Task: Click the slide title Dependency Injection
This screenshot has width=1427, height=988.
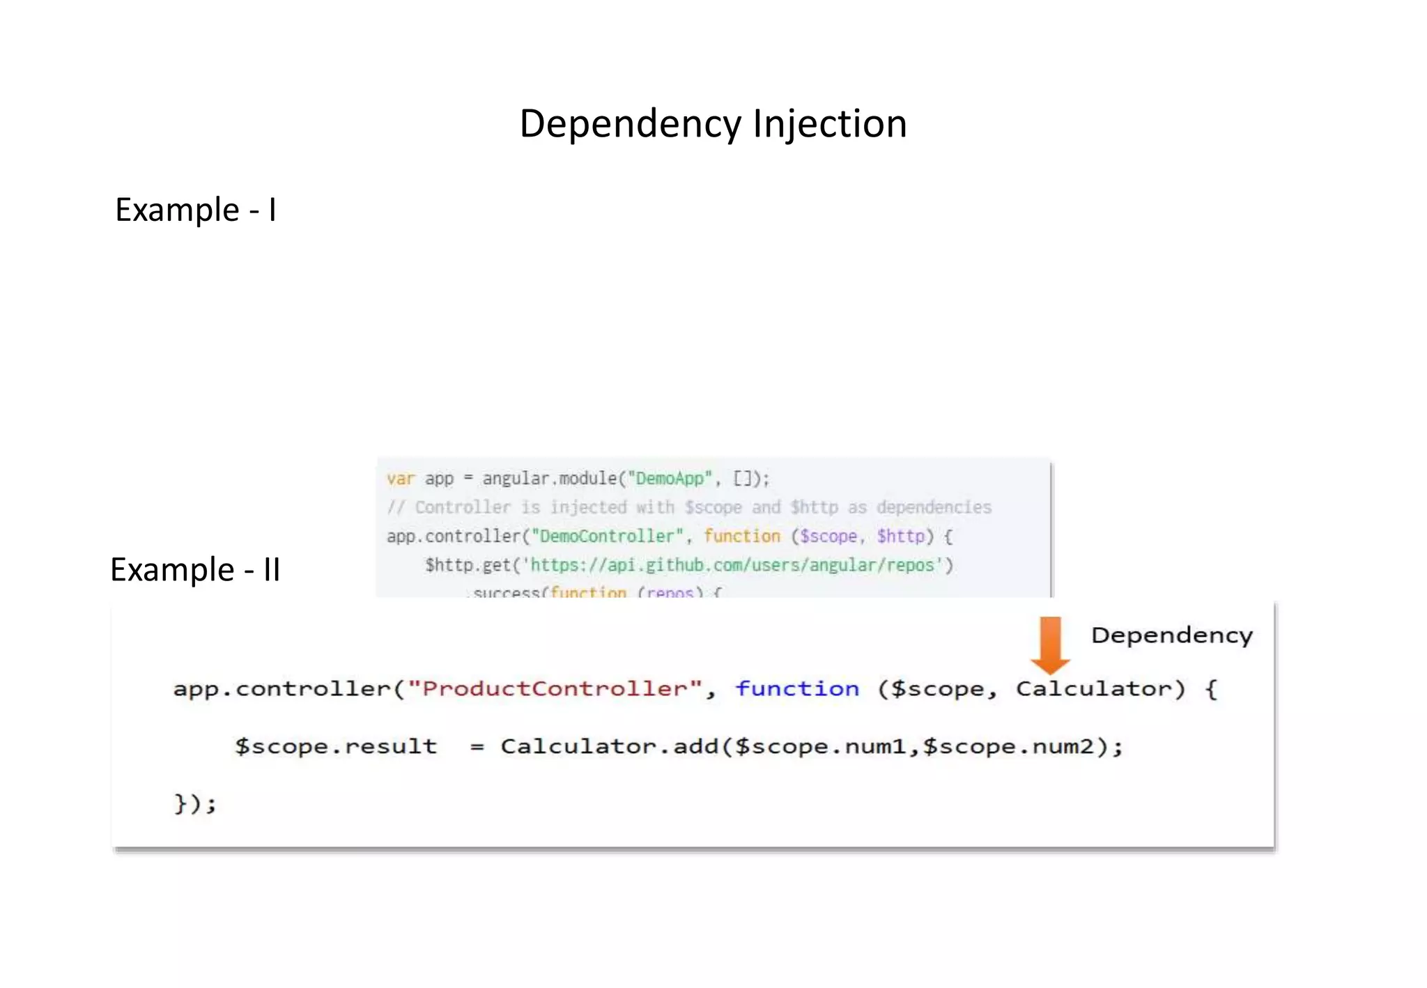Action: [x=713, y=124]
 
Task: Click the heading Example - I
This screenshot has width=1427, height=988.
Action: [x=196, y=210]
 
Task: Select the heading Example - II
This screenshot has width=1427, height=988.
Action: [x=195, y=570]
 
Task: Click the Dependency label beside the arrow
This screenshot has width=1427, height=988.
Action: [x=1171, y=635]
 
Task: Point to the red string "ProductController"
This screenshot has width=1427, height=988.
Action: [x=555, y=689]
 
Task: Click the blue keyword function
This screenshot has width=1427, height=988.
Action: [x=797, y=689]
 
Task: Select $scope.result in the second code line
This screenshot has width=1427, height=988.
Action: [x=336, y=747]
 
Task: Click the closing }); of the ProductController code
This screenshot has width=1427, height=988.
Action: [x=195, y=803]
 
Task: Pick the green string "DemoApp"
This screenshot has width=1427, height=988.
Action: [x=670, y=479]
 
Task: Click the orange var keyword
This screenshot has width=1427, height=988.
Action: [x=401, y=479]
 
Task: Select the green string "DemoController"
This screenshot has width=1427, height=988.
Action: [x=607, y=537]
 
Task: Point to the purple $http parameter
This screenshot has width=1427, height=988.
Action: [x=900, y=537]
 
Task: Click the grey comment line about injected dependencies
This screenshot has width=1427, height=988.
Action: [x=688, y=507]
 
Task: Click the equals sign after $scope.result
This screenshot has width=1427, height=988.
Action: [x=477, y=748]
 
